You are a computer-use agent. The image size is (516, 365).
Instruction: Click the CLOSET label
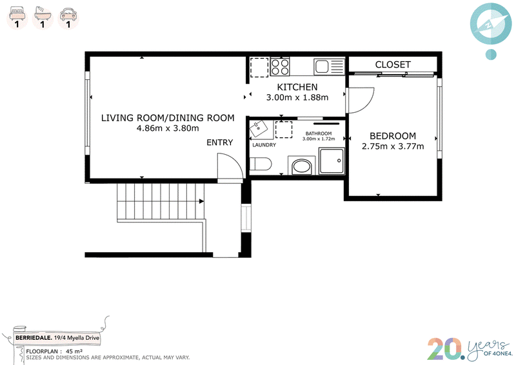point(393,64)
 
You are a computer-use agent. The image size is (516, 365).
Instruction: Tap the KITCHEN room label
point(297,87)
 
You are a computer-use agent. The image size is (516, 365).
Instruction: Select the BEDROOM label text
point(393,136)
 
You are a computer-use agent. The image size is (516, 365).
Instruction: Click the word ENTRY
point(219,143)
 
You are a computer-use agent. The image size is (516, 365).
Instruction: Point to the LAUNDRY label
point(264,145)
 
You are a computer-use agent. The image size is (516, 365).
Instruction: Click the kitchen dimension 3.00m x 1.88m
point(297,97)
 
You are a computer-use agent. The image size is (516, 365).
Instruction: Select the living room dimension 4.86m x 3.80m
point(168,128)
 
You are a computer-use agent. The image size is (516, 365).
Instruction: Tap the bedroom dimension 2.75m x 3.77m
point(393,146)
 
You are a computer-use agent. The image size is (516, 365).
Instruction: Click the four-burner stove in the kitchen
point(280,67)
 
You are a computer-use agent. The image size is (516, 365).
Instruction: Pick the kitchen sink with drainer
point(329,67)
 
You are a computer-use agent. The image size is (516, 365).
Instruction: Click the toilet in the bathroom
point(260,164)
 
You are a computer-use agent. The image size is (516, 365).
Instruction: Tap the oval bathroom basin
point(302,166)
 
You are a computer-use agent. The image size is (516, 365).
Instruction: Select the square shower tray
point(332,161)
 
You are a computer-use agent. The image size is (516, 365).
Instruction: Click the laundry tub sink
point(261,130)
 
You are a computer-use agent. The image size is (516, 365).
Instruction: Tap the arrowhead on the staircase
point(201,201)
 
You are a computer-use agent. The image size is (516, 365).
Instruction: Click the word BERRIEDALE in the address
point(34,338)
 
